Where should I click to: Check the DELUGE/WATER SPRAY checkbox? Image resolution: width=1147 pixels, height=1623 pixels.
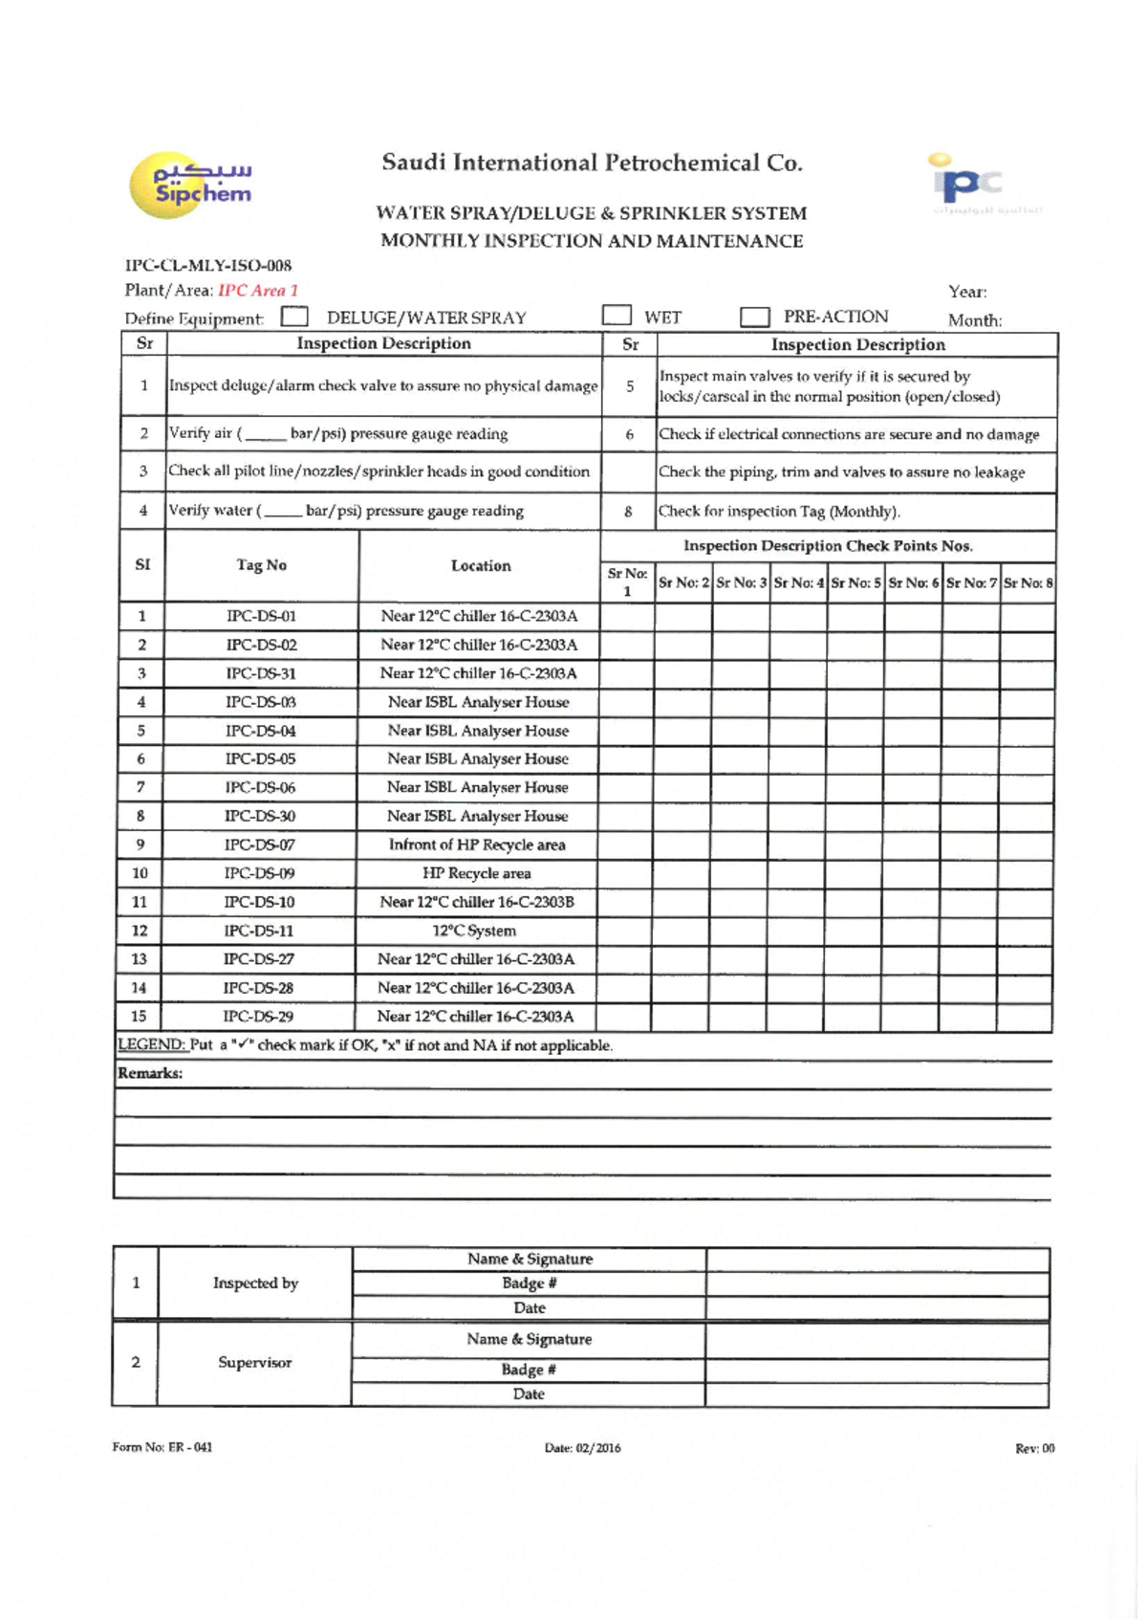point(295,317)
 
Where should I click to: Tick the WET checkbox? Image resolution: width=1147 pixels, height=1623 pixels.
point(617,315)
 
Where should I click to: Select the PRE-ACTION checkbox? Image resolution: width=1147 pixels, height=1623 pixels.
point(755,317)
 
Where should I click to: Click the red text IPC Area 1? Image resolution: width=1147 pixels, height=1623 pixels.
point(258,290)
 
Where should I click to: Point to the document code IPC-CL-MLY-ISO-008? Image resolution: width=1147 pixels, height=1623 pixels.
point(208,266)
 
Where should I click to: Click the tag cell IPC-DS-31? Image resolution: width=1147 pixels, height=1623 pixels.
point(261,673)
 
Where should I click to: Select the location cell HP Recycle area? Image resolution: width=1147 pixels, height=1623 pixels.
point(476,873)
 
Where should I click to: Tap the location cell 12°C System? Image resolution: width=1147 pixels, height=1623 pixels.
point(474,931)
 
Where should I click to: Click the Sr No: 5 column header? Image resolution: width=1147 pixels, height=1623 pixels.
point(855,582)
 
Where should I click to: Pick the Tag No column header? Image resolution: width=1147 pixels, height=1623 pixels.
point(261,565)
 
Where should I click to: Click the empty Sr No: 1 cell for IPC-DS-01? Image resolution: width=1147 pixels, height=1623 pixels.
point(627,616)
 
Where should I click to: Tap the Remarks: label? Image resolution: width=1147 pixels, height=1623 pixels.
point(150,1073)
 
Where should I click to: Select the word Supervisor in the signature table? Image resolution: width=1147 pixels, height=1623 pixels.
point(254,1363)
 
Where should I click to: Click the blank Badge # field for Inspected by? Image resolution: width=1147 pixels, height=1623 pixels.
point(877,1283)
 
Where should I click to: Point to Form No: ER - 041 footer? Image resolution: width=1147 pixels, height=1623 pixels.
point(162,1447)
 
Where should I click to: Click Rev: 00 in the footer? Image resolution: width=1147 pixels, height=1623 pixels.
point(1034,1449)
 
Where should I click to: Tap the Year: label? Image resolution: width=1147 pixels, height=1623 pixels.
point(967,292)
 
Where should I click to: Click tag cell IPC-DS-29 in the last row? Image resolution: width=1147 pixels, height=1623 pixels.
point(258,1017)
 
